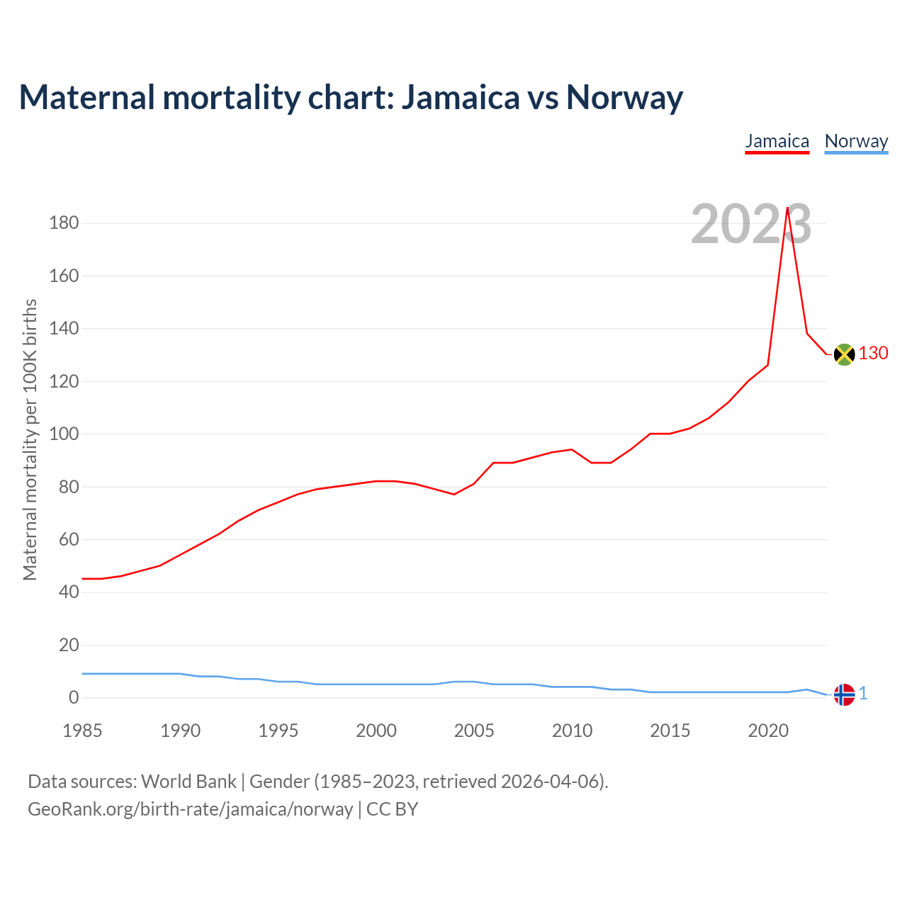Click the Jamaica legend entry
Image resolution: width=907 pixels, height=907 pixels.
(x=777, y=141)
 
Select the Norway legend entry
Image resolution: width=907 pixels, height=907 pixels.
(x=856, y=141)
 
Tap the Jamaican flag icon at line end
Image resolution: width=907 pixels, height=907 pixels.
(x=844, y=354)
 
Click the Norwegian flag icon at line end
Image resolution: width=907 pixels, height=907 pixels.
(x=844, y=694)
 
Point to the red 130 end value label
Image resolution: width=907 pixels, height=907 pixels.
(x=873, y=353)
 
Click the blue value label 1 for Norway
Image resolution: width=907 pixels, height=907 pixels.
(x=863, y=694)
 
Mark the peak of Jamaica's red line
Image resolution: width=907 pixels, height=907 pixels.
(x=787, y=208)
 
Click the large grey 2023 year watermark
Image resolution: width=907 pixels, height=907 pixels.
(x=750, y=225)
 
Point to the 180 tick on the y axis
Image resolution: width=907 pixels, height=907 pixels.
(x=64, y=223)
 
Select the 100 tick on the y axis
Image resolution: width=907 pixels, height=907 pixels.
(x=64, y=434)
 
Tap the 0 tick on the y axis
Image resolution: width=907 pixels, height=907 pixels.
(x=74, y=698)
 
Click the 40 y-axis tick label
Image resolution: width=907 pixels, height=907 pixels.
(x=69, y=592)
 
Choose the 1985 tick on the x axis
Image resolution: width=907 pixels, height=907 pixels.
(x=82, y=731)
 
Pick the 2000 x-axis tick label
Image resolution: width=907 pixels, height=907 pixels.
(x=376, y=731)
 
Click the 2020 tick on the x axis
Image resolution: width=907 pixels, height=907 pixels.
(x=768, y=731)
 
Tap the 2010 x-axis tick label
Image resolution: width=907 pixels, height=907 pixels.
(x=572, y=731)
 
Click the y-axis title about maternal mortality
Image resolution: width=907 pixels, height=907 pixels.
(x=30, y=439)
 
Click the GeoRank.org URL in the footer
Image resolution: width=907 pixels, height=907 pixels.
(x=190, y=809)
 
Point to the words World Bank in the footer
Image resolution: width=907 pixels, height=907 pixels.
(x=188, y=781)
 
